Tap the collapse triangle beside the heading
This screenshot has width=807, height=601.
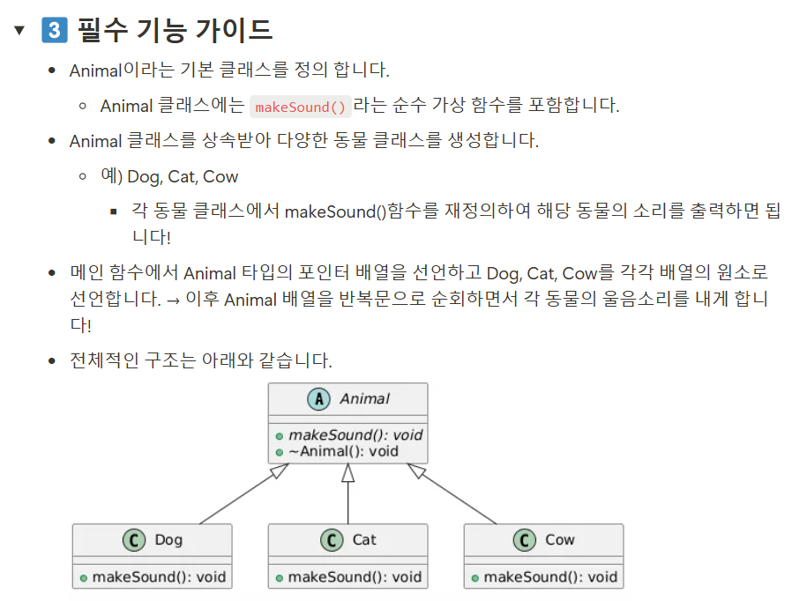20,31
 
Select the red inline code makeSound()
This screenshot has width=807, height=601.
301,107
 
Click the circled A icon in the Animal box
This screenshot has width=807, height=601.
318,399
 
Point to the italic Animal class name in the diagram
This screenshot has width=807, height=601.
364,399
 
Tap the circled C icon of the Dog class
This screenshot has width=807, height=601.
134,540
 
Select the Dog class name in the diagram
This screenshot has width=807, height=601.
168,540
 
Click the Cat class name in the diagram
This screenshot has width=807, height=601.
364,540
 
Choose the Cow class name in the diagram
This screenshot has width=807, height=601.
559,540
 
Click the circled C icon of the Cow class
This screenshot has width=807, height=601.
525,540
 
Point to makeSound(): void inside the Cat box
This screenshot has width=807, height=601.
355,577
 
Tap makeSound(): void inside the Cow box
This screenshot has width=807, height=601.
550,577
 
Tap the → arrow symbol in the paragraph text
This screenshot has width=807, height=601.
173,300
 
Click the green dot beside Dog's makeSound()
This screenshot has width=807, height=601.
84,578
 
